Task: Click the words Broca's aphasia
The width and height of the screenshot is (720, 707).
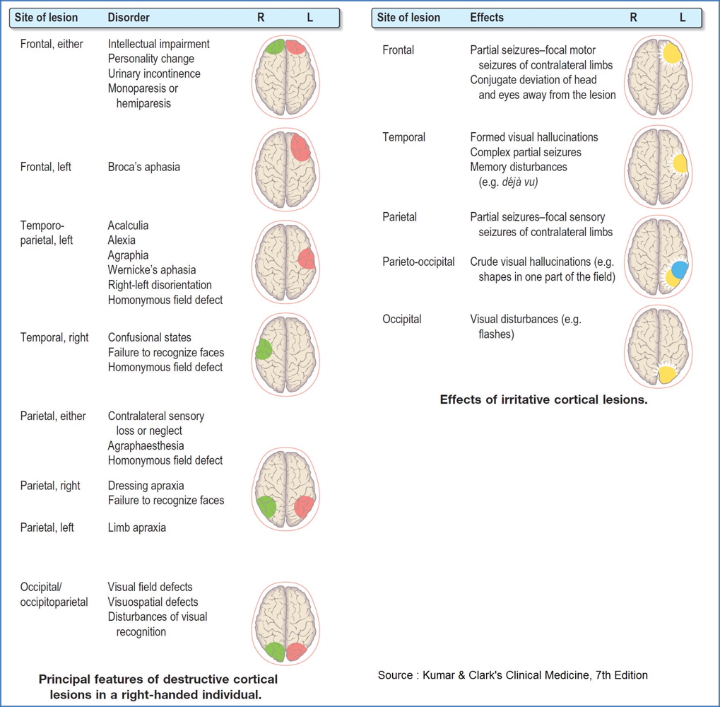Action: (143, 168)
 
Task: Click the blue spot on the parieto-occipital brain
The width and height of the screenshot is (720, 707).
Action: (680, 269)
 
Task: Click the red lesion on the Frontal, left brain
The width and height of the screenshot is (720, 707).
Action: (300, 148)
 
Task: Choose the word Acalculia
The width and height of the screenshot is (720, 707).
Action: (128, 226)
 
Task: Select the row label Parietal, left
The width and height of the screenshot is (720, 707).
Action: (47, 527)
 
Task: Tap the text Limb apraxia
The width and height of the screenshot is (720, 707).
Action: (136, 527)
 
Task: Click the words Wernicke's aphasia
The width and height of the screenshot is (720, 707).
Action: (152, 270)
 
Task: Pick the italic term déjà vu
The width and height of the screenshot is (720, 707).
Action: (518, 182)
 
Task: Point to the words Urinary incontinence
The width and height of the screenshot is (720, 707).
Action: (154, 74)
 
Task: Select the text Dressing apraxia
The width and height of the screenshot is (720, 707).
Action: (146, 486)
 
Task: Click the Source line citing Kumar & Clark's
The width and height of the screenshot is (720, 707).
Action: (512, 675)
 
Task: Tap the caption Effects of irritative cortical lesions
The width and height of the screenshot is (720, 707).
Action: (543, 399)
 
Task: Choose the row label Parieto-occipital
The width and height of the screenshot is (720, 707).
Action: (418, 262)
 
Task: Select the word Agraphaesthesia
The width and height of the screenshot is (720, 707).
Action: (146, 445)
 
